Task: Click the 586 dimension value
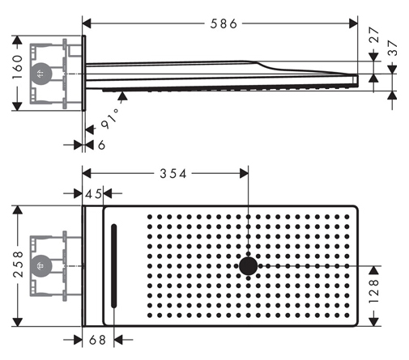pos(224,23)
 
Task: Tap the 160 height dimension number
pos(18,67)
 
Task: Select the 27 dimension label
pos(374,35)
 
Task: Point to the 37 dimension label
pos(392,48)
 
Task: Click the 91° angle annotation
pos(110,119)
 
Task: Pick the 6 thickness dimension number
pos(101,145)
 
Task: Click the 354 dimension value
pos(173,174)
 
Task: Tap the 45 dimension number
pos(93,194)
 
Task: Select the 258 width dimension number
pos(19,265)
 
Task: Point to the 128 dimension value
pos(374,291)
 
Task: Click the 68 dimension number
pos(97,340)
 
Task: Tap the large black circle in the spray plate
pos(249,266)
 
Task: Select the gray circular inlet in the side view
pos(40,74)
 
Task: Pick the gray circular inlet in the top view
pos(40,266)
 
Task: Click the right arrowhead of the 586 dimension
pos(353,23)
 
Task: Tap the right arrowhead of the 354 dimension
pos(244,173)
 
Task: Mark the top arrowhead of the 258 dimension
pos(18,210)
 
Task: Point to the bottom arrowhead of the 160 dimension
pos(18,106)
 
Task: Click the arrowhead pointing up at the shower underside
pos(122,95)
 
